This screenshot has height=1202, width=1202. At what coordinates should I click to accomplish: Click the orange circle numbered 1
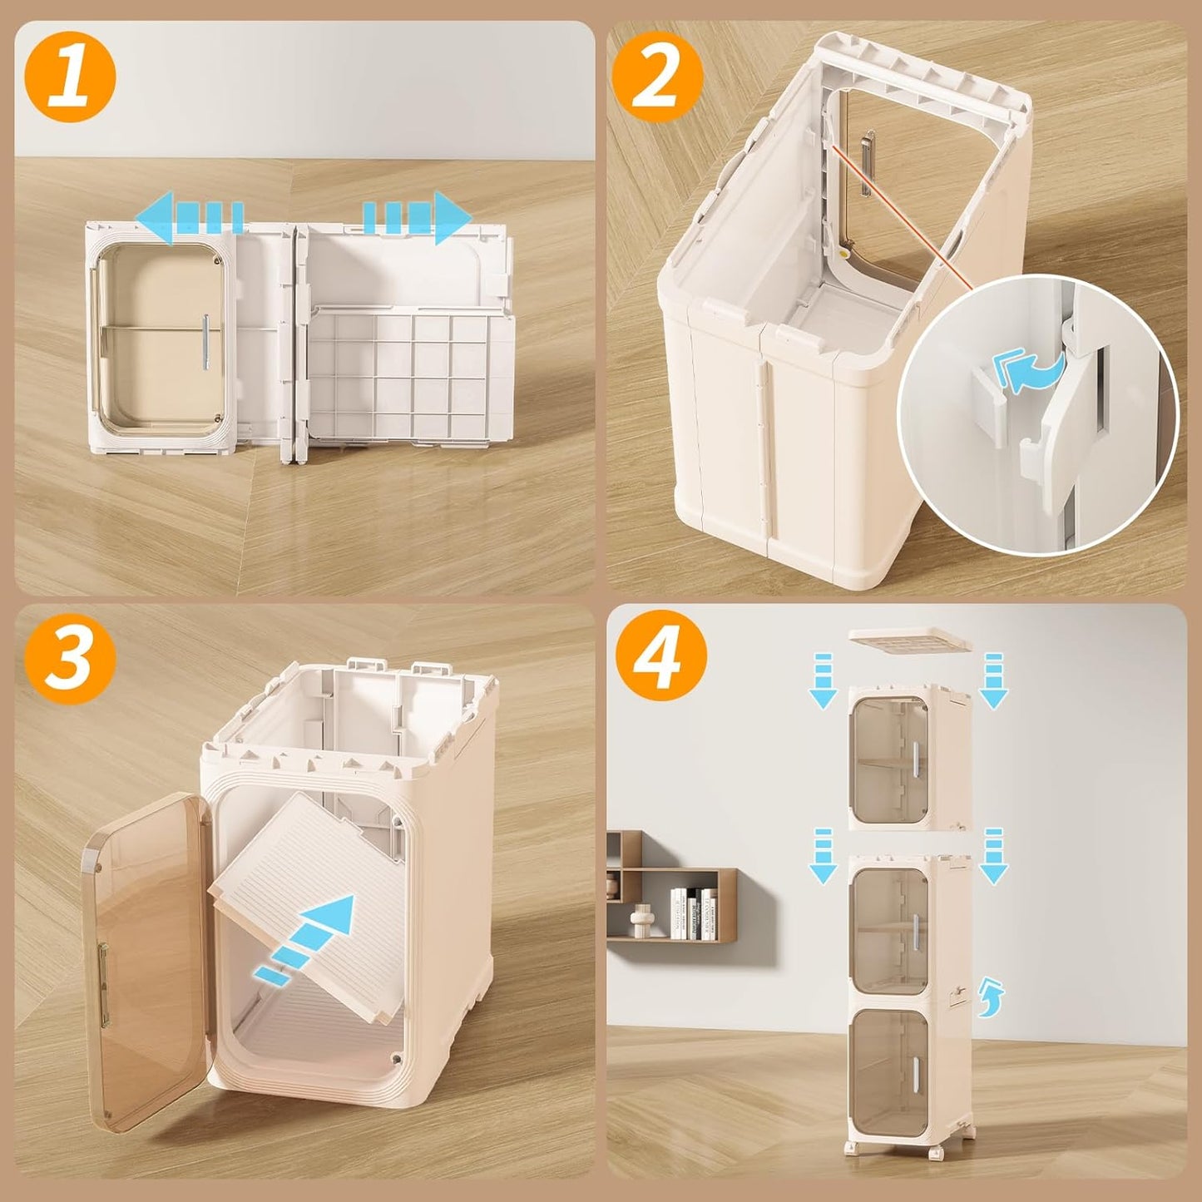(x=70, y=77)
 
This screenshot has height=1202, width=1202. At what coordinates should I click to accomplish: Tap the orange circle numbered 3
(x=70, y=660)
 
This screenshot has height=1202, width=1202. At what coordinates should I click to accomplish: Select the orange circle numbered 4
(x=660, y=660)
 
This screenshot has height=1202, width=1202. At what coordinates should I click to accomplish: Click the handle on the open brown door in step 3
(x=103, y=970)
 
